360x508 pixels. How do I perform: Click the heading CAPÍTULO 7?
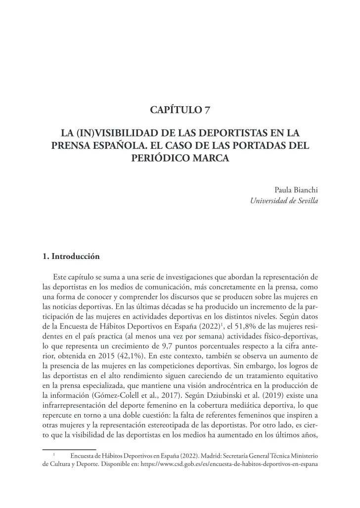click(180, 110)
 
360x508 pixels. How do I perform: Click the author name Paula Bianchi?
click(295, 190)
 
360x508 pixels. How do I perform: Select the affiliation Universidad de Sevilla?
click(284, 201)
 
